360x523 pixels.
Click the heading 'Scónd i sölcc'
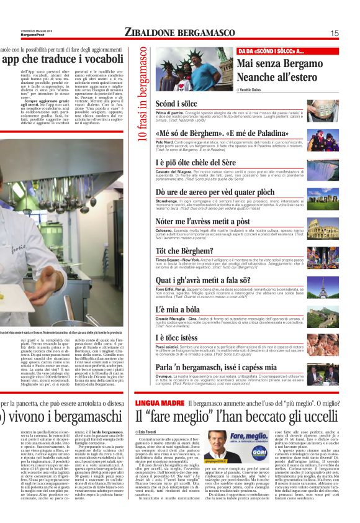tap(176, 102)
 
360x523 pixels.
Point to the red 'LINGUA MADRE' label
tap(159, 404)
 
